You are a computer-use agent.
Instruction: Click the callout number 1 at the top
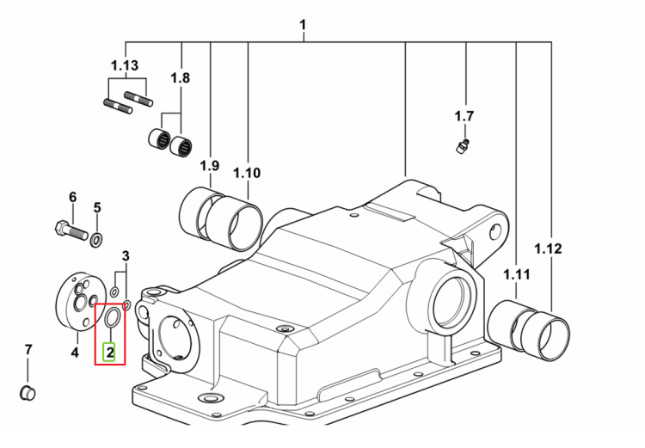tap(303, 25)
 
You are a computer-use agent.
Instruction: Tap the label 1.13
tap(125, 65)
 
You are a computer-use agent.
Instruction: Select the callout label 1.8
tap(181, 77)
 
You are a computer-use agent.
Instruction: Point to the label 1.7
tap(464, 116)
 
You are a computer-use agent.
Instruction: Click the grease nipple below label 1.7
tap(464, 146)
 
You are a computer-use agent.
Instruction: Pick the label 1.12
tap(548, 249)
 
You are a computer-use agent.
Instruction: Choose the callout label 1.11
tap(517, 274)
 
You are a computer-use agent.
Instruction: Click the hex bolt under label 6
tap(71, 230)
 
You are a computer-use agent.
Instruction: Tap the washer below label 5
tap(96, 240)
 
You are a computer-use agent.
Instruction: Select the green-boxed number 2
tap(109, 353)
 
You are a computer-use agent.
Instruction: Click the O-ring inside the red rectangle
tap(113, 317)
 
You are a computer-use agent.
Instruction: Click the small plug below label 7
tap(28, 393)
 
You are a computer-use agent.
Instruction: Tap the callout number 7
tap(28, 350)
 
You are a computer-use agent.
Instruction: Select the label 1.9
tap(210, 166)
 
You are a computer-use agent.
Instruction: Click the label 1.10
tap(247, 173)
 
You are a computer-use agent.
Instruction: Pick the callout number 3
tap(126, 256)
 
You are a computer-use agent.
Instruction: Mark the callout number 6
tap(73, 197)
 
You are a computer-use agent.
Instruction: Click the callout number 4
tap(75, 353)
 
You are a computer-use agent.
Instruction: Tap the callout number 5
tap(97, 207)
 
